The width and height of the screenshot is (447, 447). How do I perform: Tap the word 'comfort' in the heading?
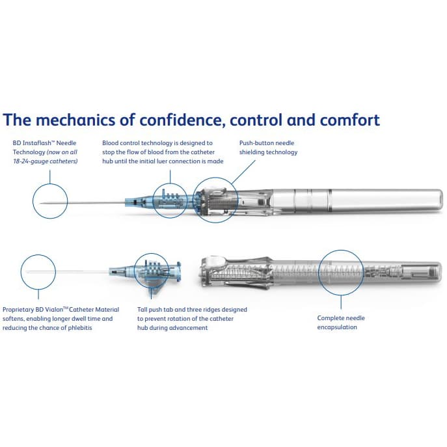click(350, 120)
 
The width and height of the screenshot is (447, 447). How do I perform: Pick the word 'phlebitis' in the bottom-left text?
click(80, 328)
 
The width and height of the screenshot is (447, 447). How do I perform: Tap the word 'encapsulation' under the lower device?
click(337, 327)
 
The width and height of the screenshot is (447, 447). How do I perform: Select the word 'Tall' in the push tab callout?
click(142, 310)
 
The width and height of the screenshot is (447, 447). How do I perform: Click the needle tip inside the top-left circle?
click(40, 203)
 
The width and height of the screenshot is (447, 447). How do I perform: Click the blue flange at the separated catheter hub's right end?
click(178, 272)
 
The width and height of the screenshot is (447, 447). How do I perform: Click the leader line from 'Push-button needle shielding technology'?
click(243, 172)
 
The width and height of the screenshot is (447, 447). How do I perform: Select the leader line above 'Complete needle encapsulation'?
click(341, 302)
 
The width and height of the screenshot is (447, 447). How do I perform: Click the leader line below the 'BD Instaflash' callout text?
click(50, 177)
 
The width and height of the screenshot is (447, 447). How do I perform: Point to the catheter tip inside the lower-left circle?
click(28, 272)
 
